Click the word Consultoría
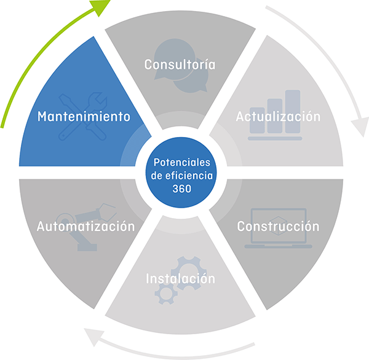[180, 65]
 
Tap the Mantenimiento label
[84, 116]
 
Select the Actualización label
[278, 117]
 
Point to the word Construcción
[278, 227]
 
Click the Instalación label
[180, 278]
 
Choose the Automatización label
[85, 227]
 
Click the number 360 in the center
[181, 189]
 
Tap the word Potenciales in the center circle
[181, 162]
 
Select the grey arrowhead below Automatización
[93, 337]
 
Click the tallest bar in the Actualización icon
[293, 111]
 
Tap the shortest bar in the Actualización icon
[257, 120]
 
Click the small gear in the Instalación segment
[166, 294]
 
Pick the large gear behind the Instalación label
[189, 273]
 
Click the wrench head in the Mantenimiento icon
[97, 101]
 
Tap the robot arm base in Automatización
[87, 248]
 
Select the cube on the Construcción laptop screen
[279, 226]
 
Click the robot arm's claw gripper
[108, 212]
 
